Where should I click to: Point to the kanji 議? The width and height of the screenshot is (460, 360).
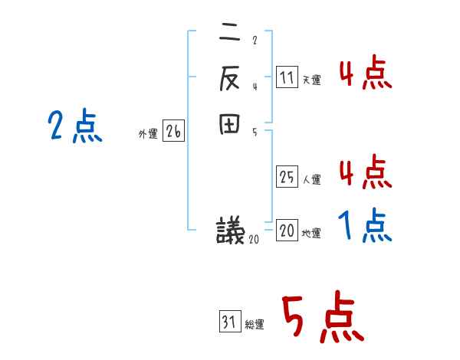230,230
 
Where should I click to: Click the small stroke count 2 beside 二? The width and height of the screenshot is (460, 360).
254,41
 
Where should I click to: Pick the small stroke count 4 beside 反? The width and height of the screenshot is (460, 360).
254,86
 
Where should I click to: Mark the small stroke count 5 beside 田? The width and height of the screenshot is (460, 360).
254,131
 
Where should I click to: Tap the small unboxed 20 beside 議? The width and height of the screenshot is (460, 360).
254,239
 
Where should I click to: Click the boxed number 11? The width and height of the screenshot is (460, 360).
287,77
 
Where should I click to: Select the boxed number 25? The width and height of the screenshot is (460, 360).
287,176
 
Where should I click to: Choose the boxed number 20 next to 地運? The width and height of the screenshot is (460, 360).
287,231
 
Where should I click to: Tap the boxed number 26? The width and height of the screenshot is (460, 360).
173,132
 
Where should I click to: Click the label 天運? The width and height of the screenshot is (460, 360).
311,80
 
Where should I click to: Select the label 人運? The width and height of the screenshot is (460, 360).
311,180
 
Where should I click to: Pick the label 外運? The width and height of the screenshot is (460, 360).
147,134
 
